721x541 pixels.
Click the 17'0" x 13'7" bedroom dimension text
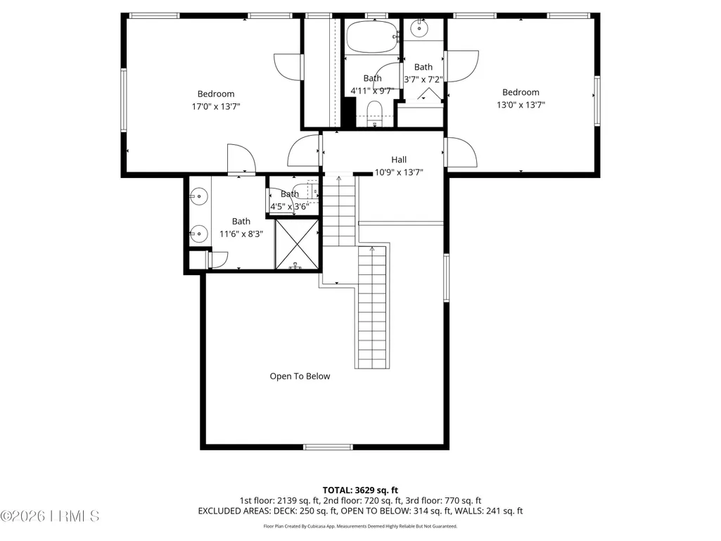(x=216, y=107)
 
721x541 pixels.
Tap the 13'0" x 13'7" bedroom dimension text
(x=521, y=105)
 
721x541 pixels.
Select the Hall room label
(x=399, y=160)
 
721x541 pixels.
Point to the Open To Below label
(x=300, y=376)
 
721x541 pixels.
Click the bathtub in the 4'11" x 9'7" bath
(x=372, y=37)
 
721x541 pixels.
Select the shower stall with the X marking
(x=297, y=244)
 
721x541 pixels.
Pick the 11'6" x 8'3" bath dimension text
(x=241, y=234)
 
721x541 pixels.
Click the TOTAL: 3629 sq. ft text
(x=360, y=490)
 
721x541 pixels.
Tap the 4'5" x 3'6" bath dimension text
(x=290, y=207)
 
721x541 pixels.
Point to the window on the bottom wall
(x=328, y=447)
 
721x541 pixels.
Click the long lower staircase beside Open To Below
(x=372, y=307)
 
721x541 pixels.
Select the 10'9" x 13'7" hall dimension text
(x=399, y=172)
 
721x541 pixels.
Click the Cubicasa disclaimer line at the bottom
(x=360, y=526)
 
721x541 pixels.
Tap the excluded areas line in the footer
(x=360, y=511)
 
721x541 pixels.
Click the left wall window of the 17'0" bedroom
(x=124, y=100)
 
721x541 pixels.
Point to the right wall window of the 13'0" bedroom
(x=597, y=101)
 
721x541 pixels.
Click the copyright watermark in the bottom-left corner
(x=50, y=516)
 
